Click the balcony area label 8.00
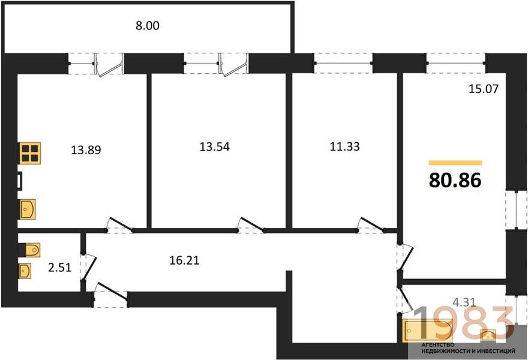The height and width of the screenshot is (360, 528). click(x=148, y=26)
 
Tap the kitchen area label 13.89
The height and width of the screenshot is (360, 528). click(x=86, y=149)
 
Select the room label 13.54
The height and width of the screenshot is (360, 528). click(x=215, y=146)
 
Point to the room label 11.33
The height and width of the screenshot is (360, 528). click(x=344, y=146)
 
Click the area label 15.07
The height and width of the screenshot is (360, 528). click(x=484, y=89)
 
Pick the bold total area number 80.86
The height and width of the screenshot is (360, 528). click(x=455, y=180)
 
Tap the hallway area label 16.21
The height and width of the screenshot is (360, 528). click(x=184, y=260)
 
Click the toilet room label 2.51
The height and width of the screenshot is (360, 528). click(x=59, y=268)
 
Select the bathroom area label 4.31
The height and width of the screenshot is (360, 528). click(x=464, y=302)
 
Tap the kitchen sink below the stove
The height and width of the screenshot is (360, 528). click(x=28, y=209)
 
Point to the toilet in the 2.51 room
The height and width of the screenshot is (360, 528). click(x=29, y=250)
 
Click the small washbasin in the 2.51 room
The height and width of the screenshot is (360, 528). click(x=25, y=271)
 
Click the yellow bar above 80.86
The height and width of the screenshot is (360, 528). click(x=455, y=163)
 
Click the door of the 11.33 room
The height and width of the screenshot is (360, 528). click(x=370, y=226)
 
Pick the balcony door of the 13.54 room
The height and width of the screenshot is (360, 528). click(x=233, y=64)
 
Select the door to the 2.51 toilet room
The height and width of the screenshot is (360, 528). click(x=89, y=267)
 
